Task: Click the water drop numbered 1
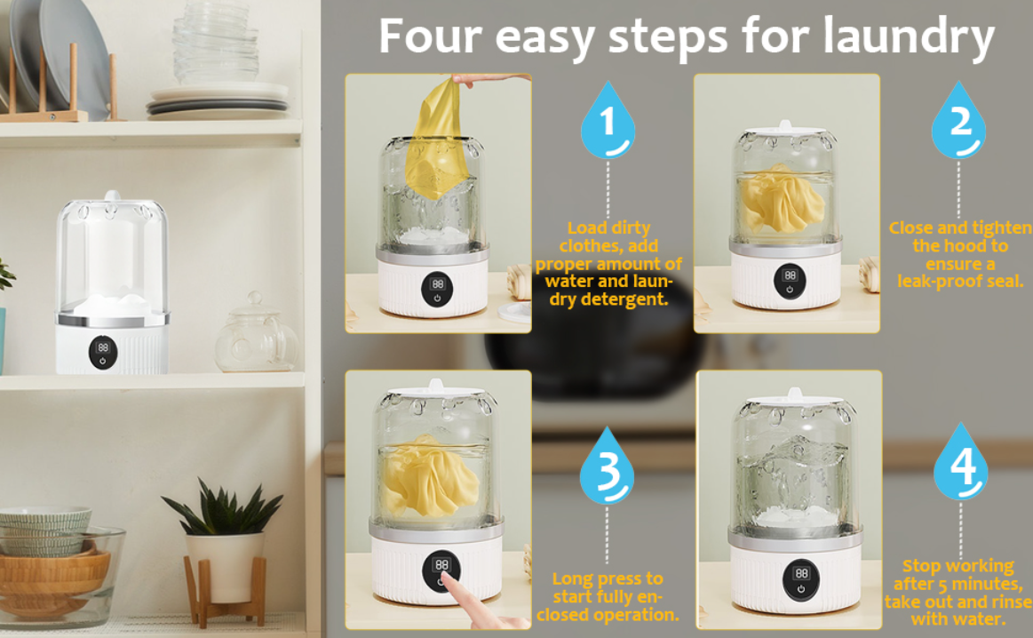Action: (x=608, y=123)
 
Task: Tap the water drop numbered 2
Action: (x=958, y=123)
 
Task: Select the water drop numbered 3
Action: (x=607, y=469)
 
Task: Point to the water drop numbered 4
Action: (x=960, y=468)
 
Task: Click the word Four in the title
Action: (x=431, y=37)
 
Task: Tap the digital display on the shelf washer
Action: (x=103, y=347)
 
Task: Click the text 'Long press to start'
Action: (x=608, y=587)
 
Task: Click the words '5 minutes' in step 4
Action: (x=981, y=584)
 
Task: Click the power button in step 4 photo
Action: (x=801, y=588)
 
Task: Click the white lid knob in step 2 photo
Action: (x=784, y=125)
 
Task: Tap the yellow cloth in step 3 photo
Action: (x=432, y=480)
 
